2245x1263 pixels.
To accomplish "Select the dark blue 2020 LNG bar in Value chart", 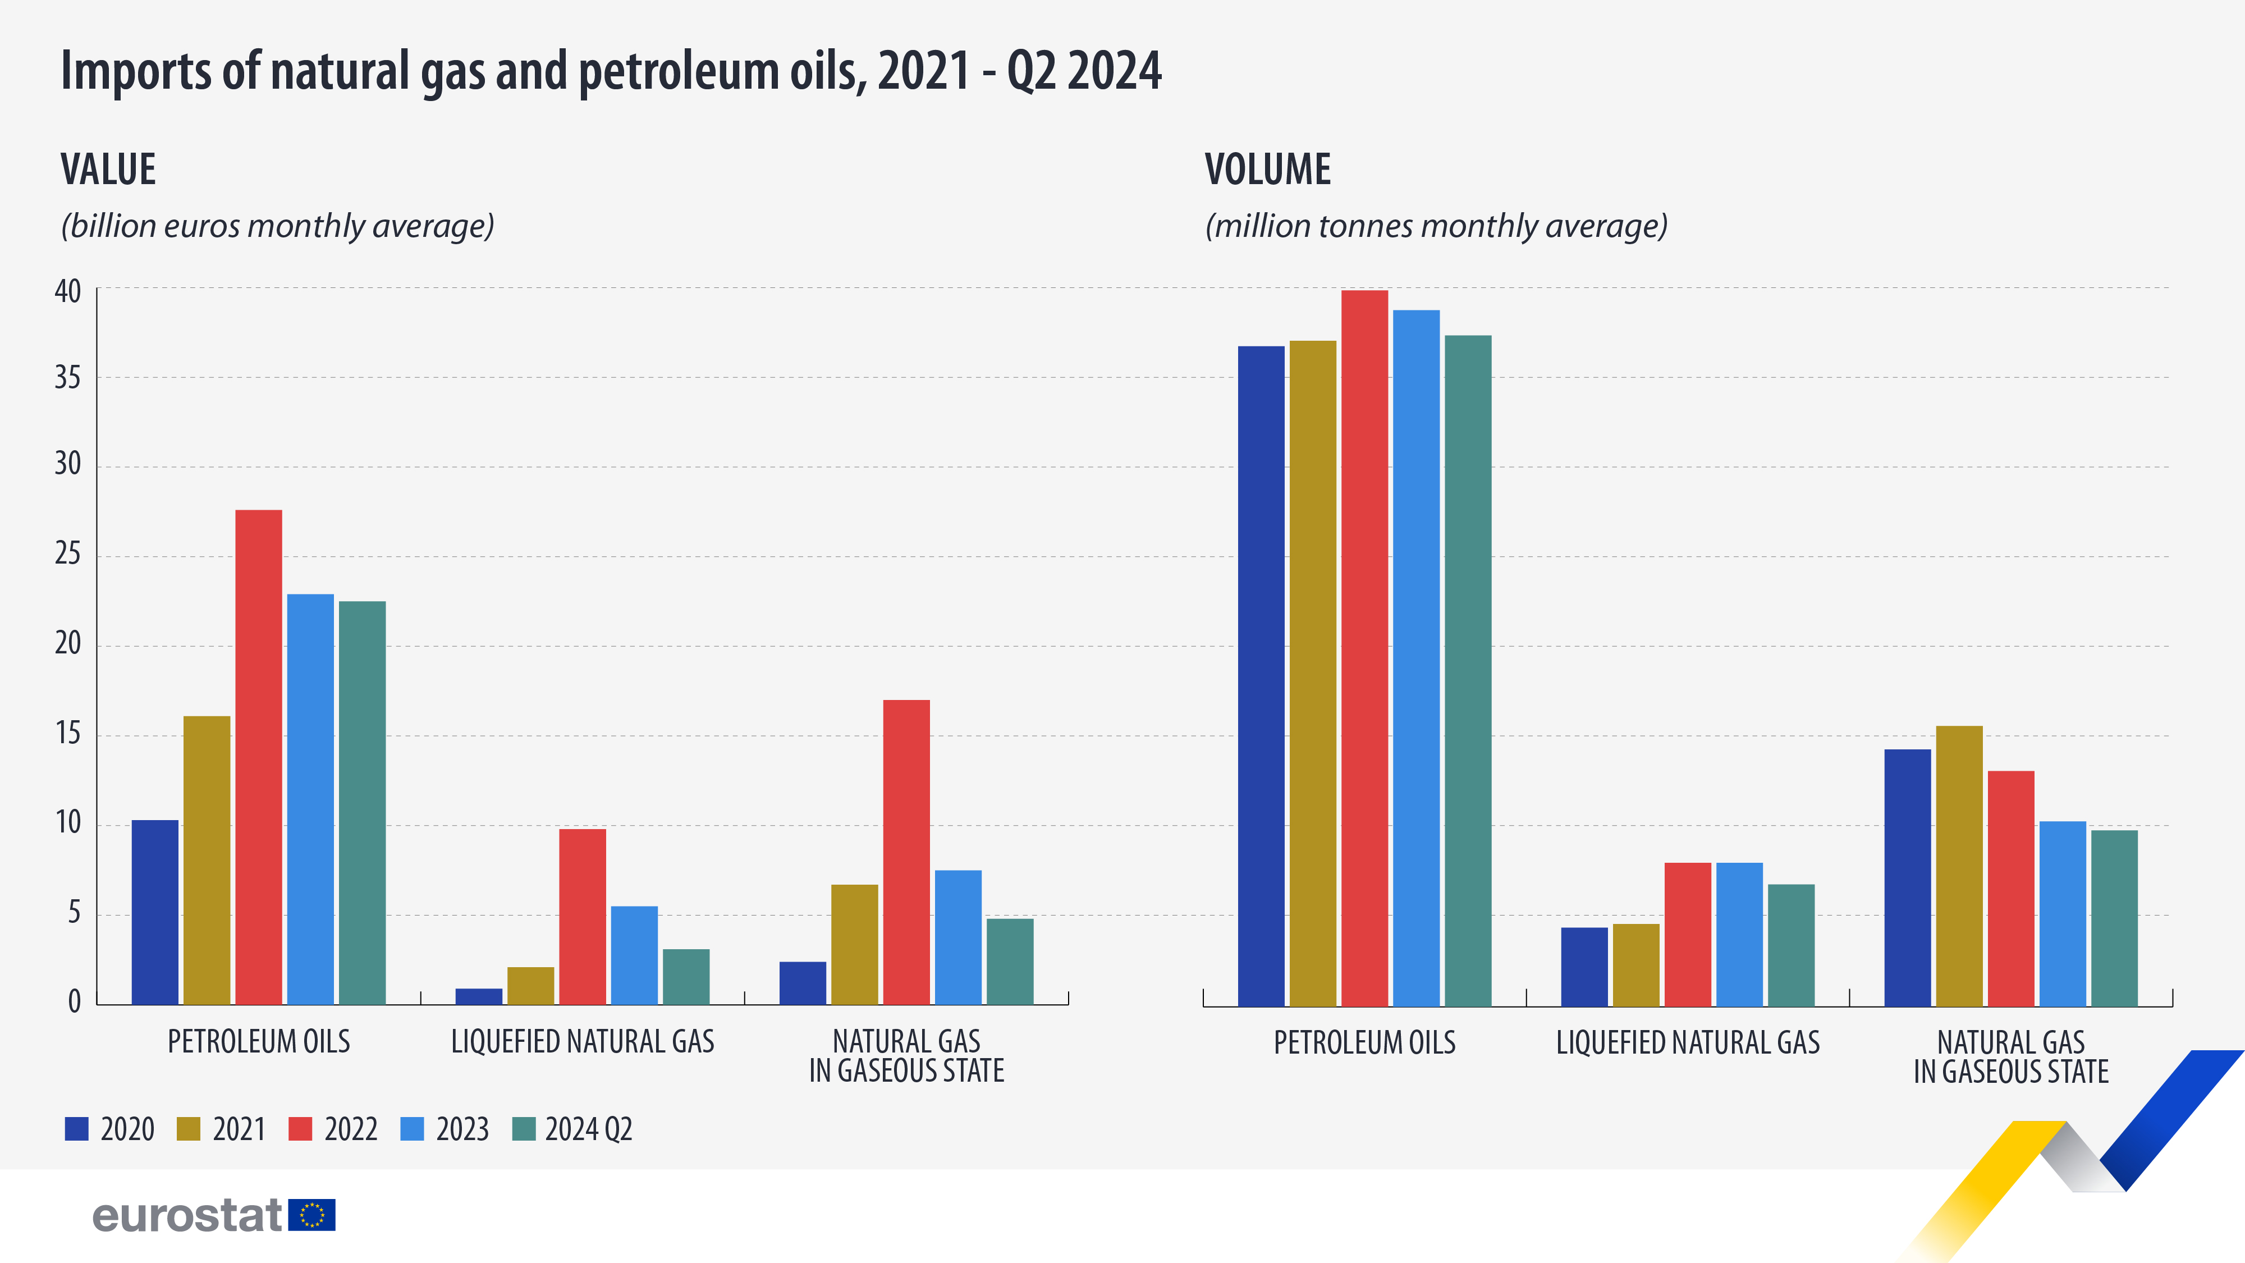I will click(478, 996).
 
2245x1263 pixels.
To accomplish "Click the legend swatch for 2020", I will click(77, 1129).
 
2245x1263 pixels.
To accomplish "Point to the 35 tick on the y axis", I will click(67, 378).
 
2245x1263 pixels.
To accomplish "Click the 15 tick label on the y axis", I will click(67, 734).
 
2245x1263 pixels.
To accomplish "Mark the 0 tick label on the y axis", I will click(74, 1003).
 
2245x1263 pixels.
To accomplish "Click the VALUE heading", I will click(108, 169).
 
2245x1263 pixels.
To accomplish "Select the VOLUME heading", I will click(1267, 169).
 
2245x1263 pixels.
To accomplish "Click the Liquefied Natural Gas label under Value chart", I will click(582, 1042).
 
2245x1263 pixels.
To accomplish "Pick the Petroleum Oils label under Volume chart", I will click(1364, 1042).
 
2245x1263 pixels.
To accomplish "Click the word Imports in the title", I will click(136, 71).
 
